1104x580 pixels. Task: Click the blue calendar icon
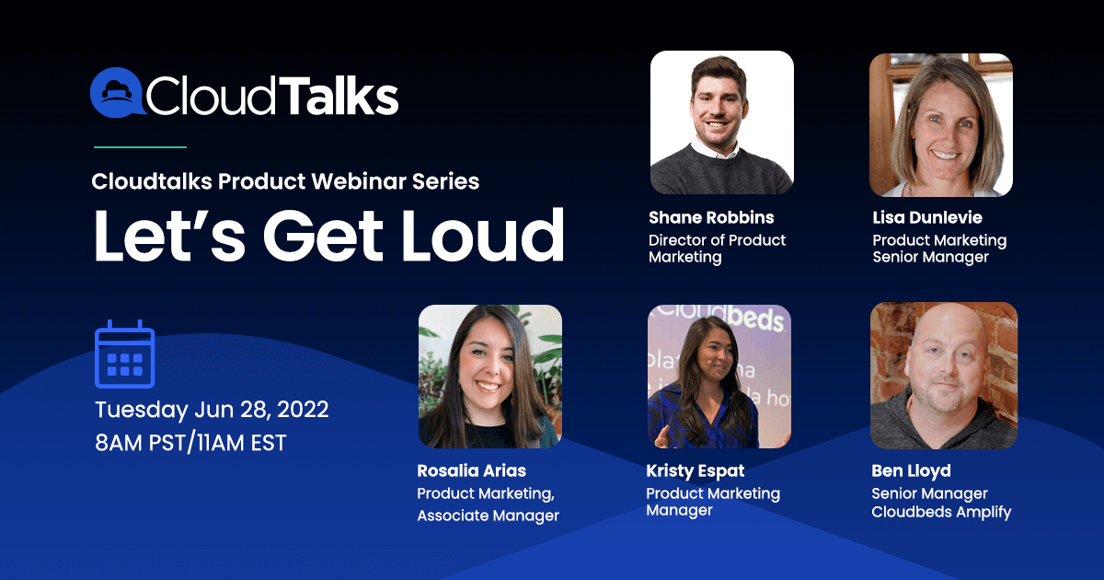125,354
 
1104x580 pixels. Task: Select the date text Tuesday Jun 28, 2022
212,410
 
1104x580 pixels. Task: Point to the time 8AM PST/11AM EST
190,443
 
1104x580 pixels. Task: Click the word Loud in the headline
483,236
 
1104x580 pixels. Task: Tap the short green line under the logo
140,147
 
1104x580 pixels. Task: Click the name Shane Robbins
711,217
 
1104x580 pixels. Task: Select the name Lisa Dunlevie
927,217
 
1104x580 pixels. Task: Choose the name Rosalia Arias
472,470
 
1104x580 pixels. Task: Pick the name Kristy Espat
696,471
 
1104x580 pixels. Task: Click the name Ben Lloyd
912,471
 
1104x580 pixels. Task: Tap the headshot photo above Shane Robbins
722,122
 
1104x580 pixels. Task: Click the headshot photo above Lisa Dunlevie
941,125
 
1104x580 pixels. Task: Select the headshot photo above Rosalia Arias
490,377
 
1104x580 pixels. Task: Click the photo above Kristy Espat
719,377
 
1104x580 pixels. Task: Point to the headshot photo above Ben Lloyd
944,376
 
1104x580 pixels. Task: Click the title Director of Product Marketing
717,249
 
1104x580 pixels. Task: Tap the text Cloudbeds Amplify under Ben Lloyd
941,512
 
